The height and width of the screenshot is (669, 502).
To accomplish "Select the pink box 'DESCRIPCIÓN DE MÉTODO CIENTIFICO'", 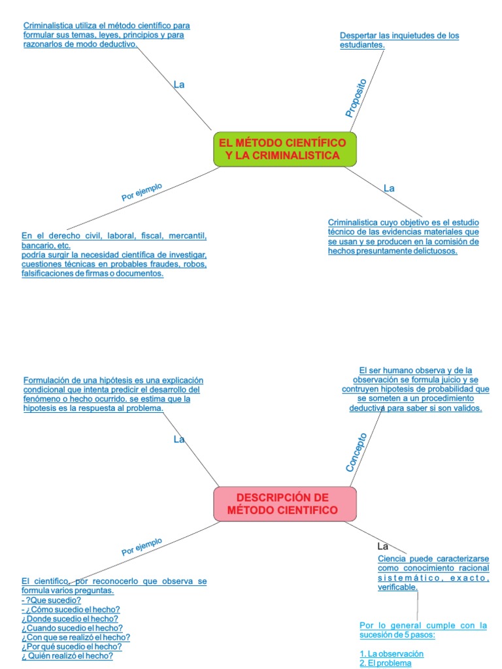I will [284, 503].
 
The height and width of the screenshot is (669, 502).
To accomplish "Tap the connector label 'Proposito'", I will [356, 98].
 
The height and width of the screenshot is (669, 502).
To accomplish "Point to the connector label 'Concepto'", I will [356, 452].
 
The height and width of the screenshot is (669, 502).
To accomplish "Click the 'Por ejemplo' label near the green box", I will [142, 191].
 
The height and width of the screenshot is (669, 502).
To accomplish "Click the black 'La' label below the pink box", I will [383, 546].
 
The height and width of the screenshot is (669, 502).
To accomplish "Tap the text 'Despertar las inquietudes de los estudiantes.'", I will [399, 40].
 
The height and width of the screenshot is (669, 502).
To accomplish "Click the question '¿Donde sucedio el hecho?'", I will [70, 618].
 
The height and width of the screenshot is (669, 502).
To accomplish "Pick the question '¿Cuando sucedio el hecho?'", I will [72, 627].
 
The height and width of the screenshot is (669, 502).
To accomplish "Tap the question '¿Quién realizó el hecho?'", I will [67, 655].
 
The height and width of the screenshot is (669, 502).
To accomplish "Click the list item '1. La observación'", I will [392, 653].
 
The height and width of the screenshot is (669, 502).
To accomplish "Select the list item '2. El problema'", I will [386, 663].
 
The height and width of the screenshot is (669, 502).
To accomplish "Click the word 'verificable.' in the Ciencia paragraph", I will [397, 587].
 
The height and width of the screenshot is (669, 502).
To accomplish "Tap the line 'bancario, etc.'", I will [46, 245].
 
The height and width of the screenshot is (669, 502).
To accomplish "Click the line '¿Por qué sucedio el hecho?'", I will [71, 646].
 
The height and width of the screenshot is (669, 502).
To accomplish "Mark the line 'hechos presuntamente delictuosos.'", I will [393, 250].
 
